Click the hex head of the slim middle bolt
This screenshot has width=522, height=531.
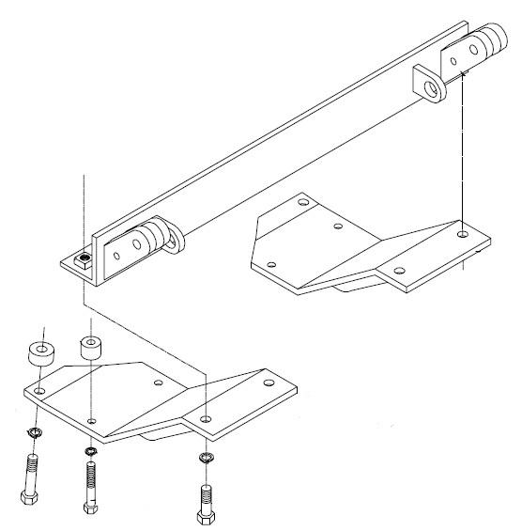88,508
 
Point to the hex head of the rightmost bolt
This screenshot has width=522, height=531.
204,517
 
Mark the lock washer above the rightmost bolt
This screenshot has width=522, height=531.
206,459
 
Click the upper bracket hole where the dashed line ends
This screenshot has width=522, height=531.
464,228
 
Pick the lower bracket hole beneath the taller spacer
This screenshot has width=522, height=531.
91,420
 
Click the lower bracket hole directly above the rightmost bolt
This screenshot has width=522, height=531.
206,416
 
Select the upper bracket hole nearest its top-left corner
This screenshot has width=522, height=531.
302,200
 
